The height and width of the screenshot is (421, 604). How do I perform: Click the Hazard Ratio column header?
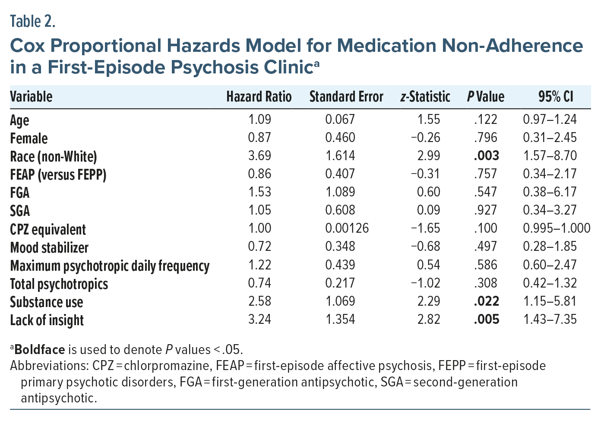(x=259, y=97)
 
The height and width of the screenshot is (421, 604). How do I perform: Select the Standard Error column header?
(x=346, y=97)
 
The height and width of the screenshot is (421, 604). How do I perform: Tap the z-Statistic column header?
(x=425, y=97)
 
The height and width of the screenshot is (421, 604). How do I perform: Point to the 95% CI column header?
(x=556, y=97)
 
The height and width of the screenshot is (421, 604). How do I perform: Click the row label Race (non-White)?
(x=54, y=156)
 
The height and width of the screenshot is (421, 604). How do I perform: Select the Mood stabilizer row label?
(x=49, y=247)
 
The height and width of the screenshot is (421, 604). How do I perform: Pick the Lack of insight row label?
(x=47, y=320)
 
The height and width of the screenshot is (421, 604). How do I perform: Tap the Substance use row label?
(x=46, y=302)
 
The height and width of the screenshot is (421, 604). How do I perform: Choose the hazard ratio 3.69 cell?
(x=259, y=156)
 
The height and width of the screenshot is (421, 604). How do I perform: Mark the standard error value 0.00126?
(x=347, y=228)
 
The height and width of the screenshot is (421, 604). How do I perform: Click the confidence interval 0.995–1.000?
(x=557, y=228)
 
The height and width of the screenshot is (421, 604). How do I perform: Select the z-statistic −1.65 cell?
(x=426, y=228)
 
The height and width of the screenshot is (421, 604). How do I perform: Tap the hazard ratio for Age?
(x=259, y=120)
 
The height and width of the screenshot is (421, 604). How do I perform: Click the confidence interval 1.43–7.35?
(x=550, y=320)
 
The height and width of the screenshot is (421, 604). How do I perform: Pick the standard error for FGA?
(x=340, y=192)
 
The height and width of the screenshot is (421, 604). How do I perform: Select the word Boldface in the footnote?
(x=40, y=349)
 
